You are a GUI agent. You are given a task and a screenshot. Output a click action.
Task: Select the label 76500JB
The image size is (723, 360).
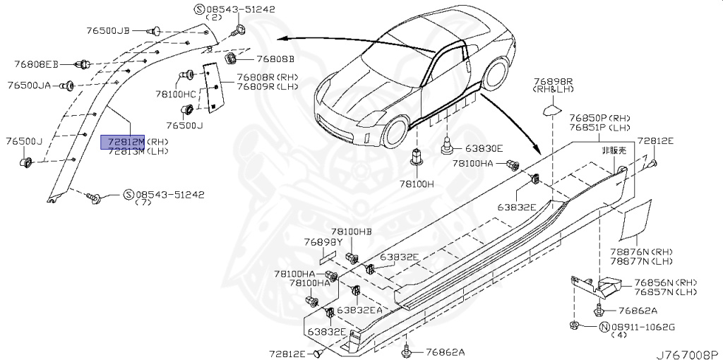(x=108, y=30)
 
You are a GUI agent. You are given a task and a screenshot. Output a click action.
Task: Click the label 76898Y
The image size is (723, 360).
(x=323, y=242)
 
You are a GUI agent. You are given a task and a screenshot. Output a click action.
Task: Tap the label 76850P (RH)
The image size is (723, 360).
(x=599, y=118)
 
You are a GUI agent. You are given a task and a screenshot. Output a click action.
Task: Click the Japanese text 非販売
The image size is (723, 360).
(x=613, y=150)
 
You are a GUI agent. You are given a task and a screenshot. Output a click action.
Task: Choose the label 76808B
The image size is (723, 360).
(x=275, y=59)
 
